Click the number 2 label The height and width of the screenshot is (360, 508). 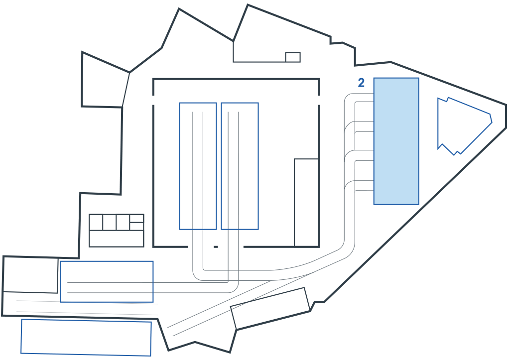(x=361, y=83)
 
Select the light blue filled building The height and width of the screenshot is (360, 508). (x=396, y=141)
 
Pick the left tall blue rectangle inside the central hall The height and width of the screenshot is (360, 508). (x=198, y=166)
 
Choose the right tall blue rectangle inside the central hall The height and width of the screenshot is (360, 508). (x=240, y=166)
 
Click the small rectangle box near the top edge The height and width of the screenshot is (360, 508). (x=293, y=57)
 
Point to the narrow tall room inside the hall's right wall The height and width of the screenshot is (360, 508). (x=306, y=203)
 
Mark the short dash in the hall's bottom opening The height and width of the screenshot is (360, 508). (x=216, y=247)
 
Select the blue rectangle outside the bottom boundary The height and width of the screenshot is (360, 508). (x=86, y=337)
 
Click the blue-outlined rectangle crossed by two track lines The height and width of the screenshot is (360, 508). (x=107, y=282)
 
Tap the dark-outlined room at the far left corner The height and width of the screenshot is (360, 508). (x=30, y=275)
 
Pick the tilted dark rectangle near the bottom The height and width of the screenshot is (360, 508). (x=270, y=309)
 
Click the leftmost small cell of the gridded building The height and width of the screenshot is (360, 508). (x=96, y=222)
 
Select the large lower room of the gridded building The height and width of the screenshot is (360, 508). (x=117, y=239)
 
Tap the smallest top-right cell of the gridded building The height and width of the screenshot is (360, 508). (x=137, y=218)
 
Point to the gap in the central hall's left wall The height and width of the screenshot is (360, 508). (x=153, y=100)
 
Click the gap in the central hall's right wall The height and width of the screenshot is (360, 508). (x=319, y=100)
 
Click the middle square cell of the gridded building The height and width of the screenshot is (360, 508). (x=110, y=222)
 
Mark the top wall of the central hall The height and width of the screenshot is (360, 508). (x=236, y=79)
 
